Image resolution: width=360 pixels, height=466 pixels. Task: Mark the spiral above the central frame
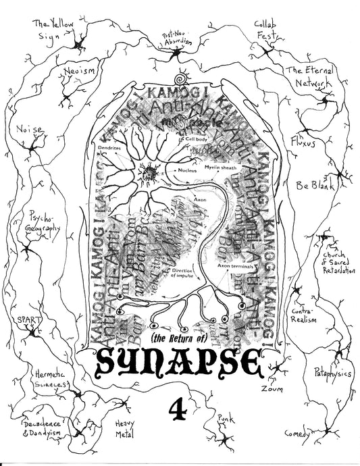[179, 79]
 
